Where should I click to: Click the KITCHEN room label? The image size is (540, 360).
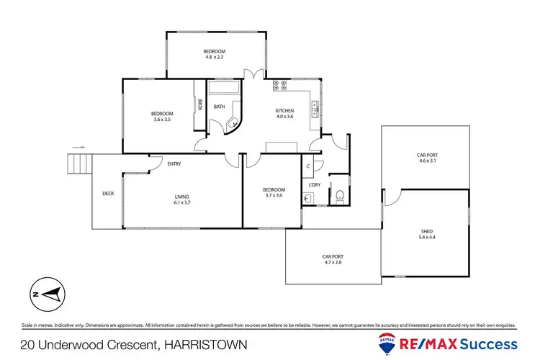pyautogui.click(x=285, y=110)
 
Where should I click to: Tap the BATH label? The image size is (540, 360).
pyautogui.click(x=219, y=107)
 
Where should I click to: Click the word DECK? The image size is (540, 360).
pyautogui.click(x=108, y=193)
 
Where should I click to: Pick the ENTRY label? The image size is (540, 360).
pyautogui.click(x=174, y=164)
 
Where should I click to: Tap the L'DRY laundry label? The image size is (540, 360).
pyautogui.click(x=314, y=185)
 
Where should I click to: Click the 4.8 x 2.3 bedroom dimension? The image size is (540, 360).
pyautogui.click(x=215, y=58)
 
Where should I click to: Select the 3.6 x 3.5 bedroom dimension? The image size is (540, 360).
pyautogui.click(x=162, y=120)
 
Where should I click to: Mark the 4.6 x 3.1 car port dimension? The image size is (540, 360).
pyautogui.click(x=427, y=161)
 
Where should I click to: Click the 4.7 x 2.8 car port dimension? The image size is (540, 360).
pyautogui.click(x=332, y=262)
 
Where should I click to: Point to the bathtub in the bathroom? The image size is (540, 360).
pyautogui.click(x=224, y=90)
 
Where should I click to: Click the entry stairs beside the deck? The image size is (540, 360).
pyautogui.click(x=80, y=165)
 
